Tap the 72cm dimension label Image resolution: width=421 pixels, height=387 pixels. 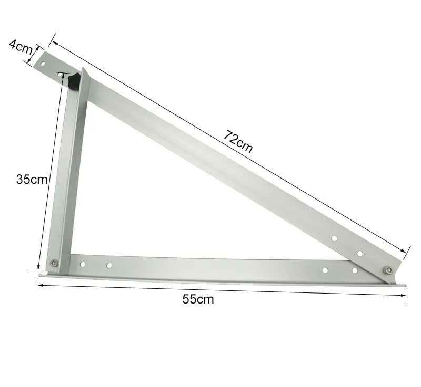[238, 141]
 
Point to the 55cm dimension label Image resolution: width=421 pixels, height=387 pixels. [198, 299]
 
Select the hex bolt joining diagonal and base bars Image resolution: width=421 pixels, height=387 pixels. [388, 270]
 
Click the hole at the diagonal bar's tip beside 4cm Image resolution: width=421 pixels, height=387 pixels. [44, 63]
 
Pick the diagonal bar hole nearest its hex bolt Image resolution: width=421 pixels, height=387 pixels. [360, 254]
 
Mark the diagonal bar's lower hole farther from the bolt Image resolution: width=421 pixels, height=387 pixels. [334, 239]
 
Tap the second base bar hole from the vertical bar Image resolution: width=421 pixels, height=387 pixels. [109, 265]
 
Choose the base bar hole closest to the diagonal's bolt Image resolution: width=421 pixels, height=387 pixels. [355, 270]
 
